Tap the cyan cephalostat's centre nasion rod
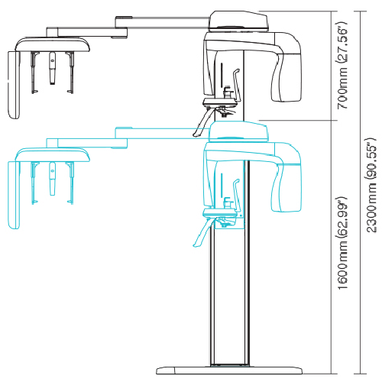(51, 183)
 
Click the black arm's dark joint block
(120, 30)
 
